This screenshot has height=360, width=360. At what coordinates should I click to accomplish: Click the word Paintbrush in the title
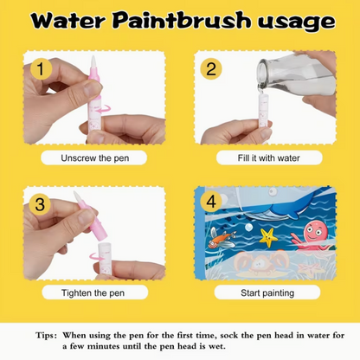tap(181, 21)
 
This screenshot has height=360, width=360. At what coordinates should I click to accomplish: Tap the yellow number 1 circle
tap(42, 69)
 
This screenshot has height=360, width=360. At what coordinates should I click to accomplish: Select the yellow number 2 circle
tap(211, 69)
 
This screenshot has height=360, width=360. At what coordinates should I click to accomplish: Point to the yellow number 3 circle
tap(40, 204)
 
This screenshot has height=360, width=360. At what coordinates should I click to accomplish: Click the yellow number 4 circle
tap(211, 202)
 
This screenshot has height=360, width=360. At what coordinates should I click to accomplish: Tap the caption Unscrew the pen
tap(94, 158)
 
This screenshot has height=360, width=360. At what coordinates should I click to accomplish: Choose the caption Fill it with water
tap(268, 158)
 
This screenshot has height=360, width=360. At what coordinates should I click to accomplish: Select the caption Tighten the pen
tap(93, 293)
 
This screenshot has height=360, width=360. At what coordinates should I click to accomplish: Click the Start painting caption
tap(267, 293)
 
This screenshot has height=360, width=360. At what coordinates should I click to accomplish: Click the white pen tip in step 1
tap(93, 61)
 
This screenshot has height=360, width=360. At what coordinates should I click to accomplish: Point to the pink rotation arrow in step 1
tap(104, 109)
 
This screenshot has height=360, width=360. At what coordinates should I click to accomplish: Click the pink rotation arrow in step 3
tap(96, 256)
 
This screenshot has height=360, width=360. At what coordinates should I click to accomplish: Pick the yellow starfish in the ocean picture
tap(268, 237)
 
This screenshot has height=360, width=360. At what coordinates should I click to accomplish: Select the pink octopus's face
tap(313, 230)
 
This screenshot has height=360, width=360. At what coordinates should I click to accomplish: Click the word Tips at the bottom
tap(46, 336)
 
